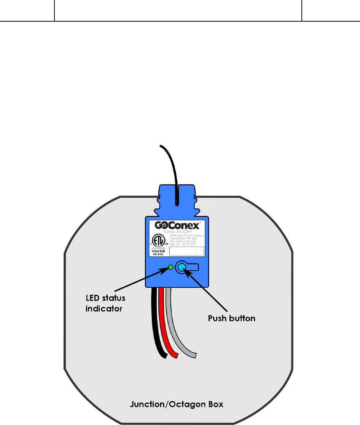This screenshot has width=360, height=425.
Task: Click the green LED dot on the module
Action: (170, 267)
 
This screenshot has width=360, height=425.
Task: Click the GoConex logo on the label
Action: (177, 225)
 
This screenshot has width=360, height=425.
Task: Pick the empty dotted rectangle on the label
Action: (186, 251)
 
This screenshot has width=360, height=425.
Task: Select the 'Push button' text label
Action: (231, 318)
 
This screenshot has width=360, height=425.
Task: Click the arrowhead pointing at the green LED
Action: (166, 270)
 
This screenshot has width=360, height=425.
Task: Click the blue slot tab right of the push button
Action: (193, 267)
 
